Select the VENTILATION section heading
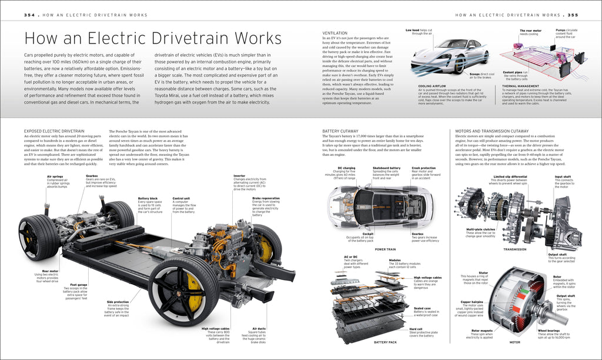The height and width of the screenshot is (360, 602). coord(336,32)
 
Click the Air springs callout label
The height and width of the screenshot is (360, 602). coord(55,176)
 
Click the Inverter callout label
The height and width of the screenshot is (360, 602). coord(239,175)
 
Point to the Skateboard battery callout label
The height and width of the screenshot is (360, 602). coord(386,168)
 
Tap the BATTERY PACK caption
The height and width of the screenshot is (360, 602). coord(385,342)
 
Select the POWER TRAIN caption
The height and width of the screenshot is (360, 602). coord(385,249)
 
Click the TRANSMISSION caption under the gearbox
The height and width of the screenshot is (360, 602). coord(515,249)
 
